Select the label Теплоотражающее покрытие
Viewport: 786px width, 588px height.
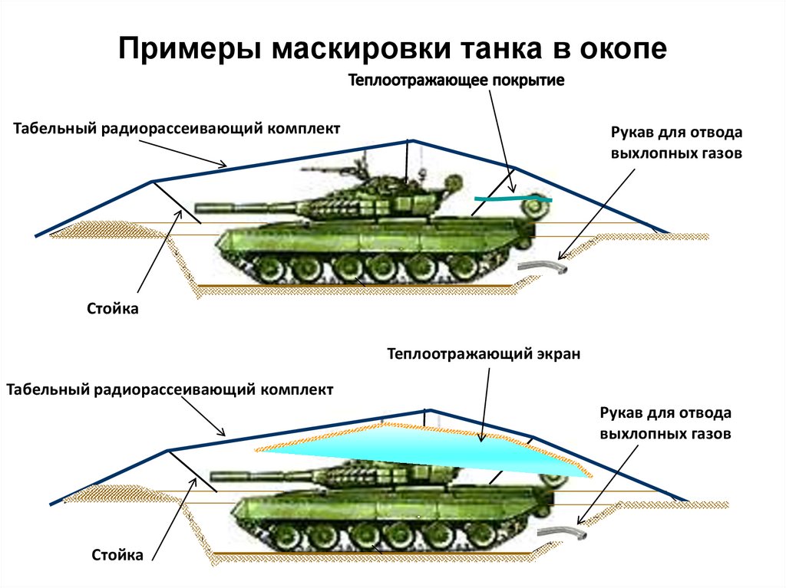[457, 80]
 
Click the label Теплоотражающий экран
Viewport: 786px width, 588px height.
[484, 354]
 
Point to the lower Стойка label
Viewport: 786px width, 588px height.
[117, 554]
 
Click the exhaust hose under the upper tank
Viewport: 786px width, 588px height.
[543, 268]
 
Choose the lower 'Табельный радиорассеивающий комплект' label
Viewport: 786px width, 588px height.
[170, 389]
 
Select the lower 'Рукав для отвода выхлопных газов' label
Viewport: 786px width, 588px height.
[665, 423]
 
